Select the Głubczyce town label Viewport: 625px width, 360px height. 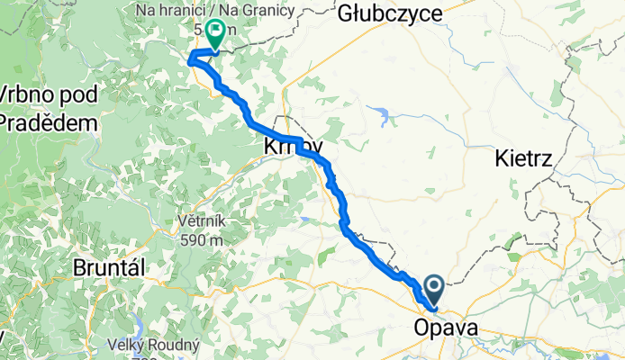coord(390,13)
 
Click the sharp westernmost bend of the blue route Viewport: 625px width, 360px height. coord(189,60)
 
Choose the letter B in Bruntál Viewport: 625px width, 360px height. coord(80,269)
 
